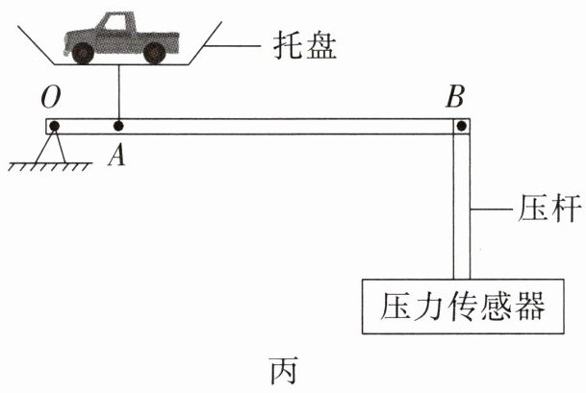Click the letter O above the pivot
(50, 97)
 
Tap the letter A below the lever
(116, 155)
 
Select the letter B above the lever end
(455, 97)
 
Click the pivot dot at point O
(54, 126)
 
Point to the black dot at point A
(118, 126)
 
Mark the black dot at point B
(462, 126)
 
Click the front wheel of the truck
(83, 53)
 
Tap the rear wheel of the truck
(154, 53)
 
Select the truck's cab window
(115, 23)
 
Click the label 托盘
(305, 45)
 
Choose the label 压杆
(549, 208)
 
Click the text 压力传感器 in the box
(463, 306)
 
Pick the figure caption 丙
(284, 370)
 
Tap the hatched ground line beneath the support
(50, 167)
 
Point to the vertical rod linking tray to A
(119, 93)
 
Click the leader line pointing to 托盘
(232, 46)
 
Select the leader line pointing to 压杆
(491, 209)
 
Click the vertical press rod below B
(462, 206)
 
